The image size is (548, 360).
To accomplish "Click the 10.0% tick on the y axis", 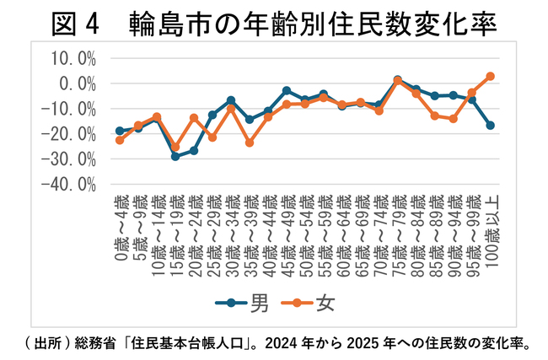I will (73, 57).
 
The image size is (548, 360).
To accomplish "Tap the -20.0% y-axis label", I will (71, 134).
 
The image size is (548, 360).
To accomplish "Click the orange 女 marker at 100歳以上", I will (490, 76).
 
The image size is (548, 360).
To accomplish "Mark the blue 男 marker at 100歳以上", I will (490, 126).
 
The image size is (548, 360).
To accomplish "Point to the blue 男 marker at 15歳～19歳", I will (175, 156).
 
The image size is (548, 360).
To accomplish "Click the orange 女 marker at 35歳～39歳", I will (250, 142).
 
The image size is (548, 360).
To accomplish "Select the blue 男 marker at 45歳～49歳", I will (287, 90).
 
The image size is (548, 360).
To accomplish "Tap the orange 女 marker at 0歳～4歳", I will (120, 139).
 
